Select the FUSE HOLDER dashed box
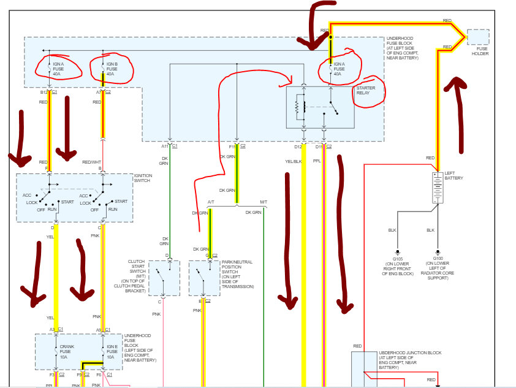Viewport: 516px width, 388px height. pos(479,37)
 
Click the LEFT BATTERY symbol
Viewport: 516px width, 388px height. pos(438,188)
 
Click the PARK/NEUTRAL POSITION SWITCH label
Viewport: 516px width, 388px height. pos(237,274)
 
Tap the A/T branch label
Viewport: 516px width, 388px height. pos(211,202)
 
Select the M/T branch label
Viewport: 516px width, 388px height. pos(264,202)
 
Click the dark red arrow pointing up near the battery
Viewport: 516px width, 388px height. pos(458,113)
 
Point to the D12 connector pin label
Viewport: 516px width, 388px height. pos(298,147)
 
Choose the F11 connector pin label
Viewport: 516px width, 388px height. pos(233,147)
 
